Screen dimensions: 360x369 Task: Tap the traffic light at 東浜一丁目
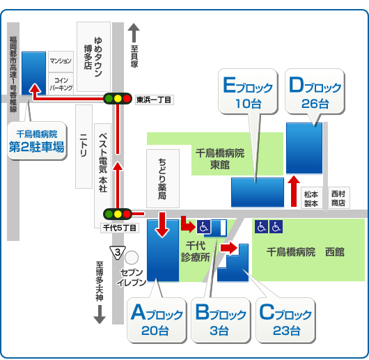coord(118,99)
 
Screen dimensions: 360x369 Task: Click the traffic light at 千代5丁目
coord(118,214)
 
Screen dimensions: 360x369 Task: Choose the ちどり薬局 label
coord(162,178)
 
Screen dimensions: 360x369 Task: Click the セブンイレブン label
coord(132,277)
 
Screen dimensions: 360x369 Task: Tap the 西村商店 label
coord(338,198)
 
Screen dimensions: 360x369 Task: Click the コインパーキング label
coord(62,84)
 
